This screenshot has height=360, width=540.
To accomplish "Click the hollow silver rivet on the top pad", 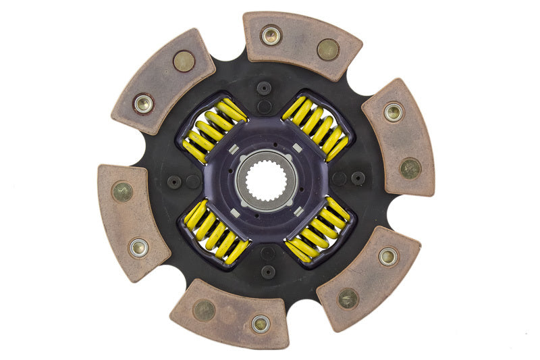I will (271, 34).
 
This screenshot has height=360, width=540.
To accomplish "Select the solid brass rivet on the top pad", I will (328, 49).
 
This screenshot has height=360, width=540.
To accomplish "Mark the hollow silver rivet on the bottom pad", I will (261, 324).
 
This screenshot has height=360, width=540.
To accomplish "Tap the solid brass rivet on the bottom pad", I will (203, 310).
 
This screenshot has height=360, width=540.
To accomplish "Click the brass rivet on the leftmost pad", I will (122, 192).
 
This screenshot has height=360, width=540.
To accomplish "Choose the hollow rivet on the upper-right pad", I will (394, 111).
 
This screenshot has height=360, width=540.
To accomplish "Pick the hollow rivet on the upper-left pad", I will (143, 103).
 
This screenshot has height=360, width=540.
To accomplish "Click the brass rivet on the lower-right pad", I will (348, 298).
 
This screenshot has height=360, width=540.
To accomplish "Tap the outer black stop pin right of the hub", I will (358, 178).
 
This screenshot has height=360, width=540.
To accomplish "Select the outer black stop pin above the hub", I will (265, 88).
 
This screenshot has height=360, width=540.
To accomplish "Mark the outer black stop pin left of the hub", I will (174, 182).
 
